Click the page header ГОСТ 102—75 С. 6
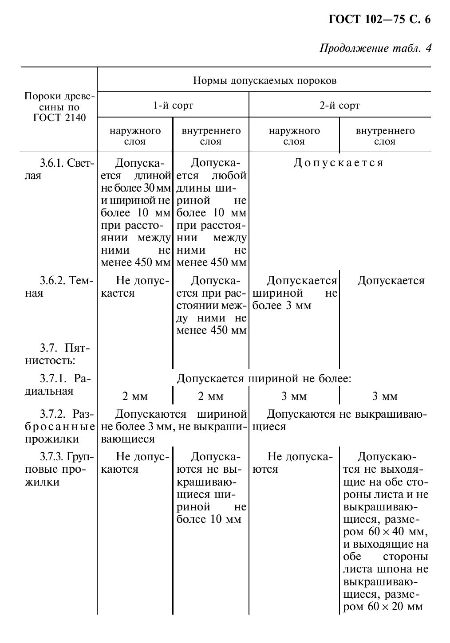(379, 20)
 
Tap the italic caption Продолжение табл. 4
(375, 48)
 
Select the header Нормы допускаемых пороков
(264, 80)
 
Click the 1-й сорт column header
(173, 106)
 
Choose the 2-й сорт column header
(339, 106)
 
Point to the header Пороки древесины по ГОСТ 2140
(59, 107)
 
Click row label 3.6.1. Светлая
(59, 169)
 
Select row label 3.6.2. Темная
(59, 286)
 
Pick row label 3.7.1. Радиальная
(57, 384)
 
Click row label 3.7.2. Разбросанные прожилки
(59, 426)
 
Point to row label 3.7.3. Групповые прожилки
(59, 469)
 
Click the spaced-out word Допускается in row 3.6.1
(339, 163)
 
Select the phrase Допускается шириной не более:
(264, 379)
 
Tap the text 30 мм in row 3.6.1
(156, 188)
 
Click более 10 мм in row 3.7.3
(209, 519)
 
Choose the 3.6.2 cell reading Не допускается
(135, 286)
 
